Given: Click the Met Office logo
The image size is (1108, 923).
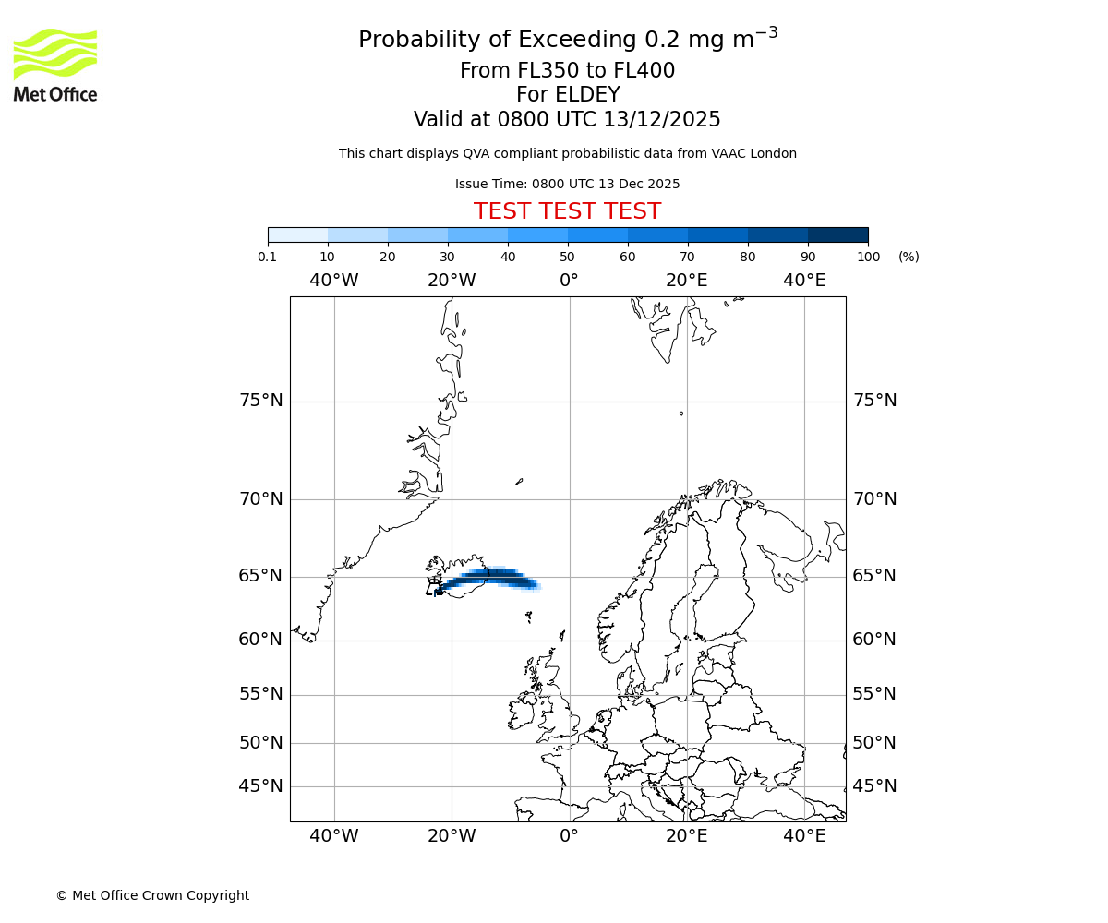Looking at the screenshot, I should click(x=55, y=65).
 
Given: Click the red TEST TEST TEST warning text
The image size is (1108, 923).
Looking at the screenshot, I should click(x=567, y=212).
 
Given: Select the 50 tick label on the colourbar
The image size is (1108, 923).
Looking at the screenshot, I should click(x=567, y=257).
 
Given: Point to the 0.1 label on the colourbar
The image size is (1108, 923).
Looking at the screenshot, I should click(x=267, y=257).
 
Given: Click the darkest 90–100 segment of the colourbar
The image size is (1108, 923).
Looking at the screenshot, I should click(x=837, y=234).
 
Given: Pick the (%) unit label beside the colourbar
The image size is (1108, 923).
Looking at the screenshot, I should click(x=909, y=257).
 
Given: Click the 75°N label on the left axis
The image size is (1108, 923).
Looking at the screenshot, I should click(x=261, y=401).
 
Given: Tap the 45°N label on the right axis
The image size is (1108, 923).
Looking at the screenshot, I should click(x=874, y=786).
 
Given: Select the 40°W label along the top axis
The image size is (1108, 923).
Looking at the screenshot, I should click(x=334, y=281).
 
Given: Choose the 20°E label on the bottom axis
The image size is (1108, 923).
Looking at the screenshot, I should click(x=687, y=836).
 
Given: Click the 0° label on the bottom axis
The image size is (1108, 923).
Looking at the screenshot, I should click(x=569, y=836).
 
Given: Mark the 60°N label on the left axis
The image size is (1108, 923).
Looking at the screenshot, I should click(x=261, y=640).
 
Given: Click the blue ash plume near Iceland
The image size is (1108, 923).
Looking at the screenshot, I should click(x=489, y=579).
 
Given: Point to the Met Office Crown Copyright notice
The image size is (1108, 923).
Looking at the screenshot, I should click(x=152, y=895).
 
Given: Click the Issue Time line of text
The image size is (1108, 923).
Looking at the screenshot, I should click(x=567, y=184).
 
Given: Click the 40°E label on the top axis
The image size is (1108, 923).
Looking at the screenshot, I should click(x=804, y=281).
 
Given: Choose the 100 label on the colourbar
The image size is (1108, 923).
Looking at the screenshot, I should click(x=868, y=257).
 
